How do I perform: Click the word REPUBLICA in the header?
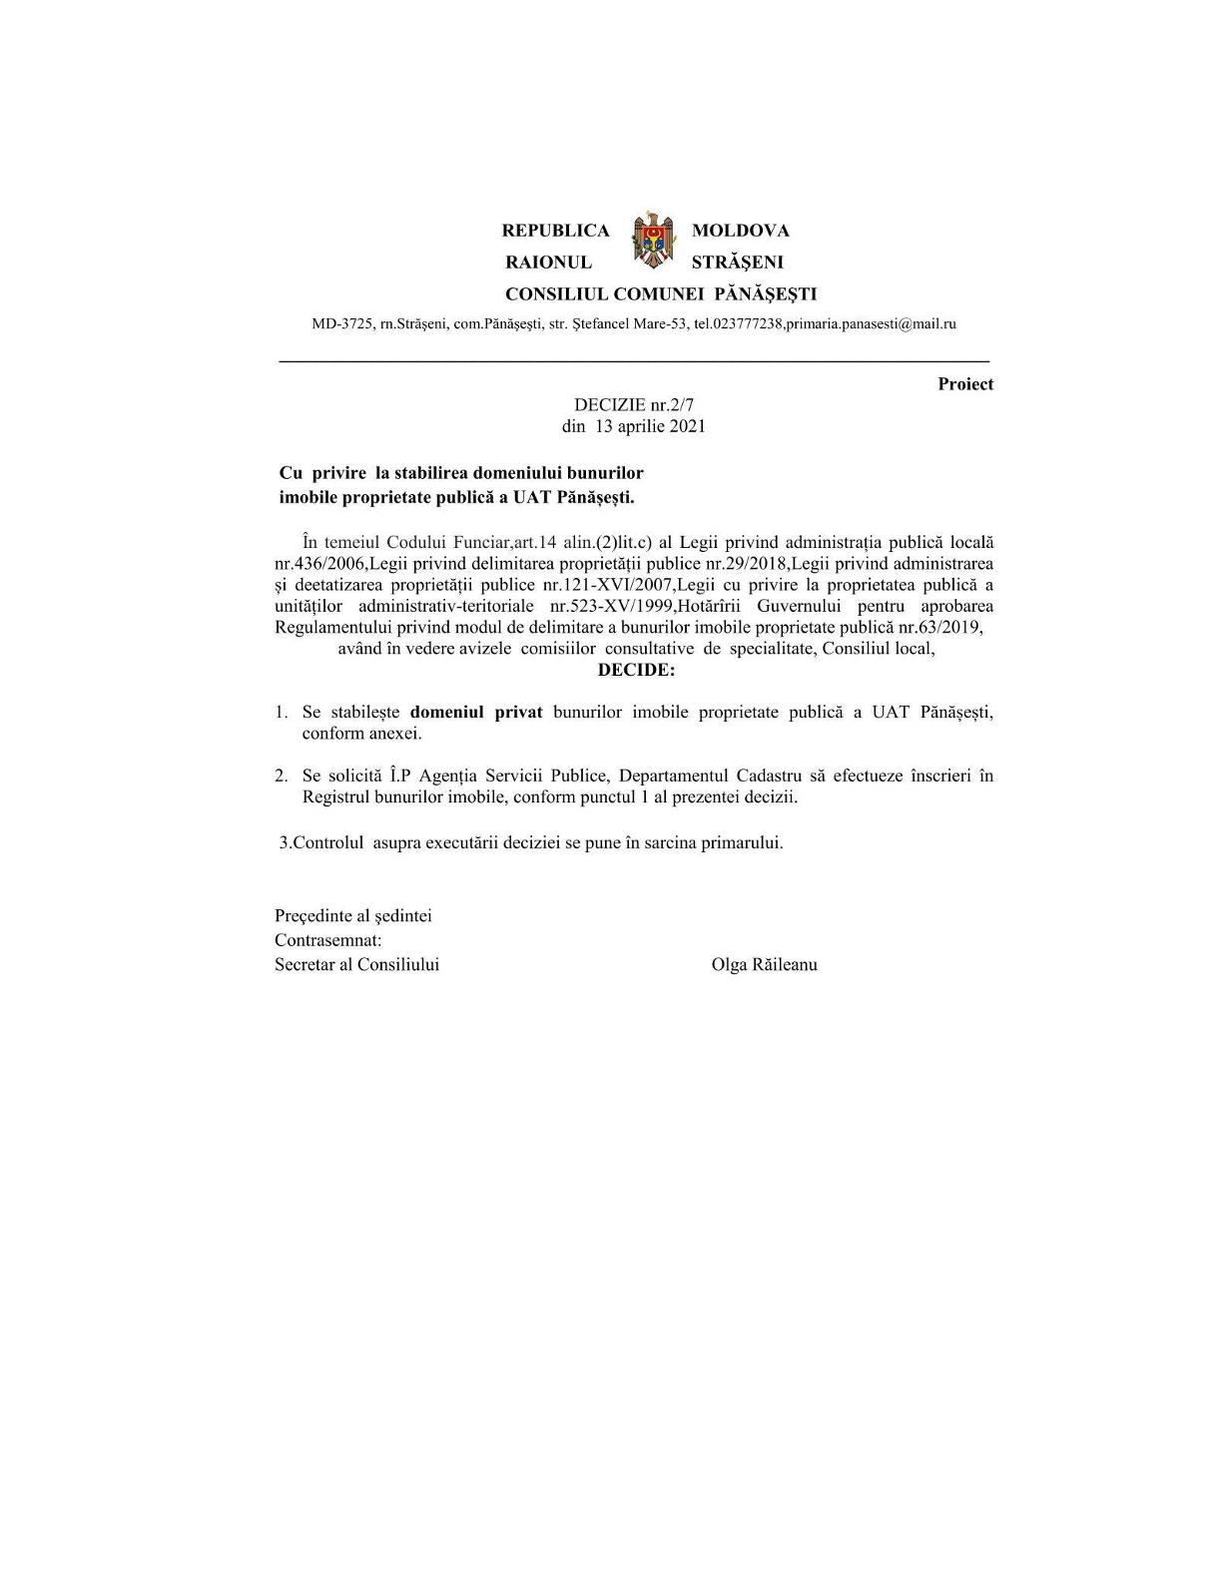pos(555,231)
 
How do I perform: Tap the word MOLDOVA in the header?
pos(740,231)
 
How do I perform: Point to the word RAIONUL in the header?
pos(548,263)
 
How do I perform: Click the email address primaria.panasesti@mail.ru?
pos(872,323)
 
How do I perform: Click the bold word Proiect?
pos(964,384)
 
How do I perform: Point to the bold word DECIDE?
pos(636,670)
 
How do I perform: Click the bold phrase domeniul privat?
pos(476,713)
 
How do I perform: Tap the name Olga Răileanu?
pos(764,965)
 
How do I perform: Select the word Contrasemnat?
pos(328,940)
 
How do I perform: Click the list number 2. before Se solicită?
pos(283,776)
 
